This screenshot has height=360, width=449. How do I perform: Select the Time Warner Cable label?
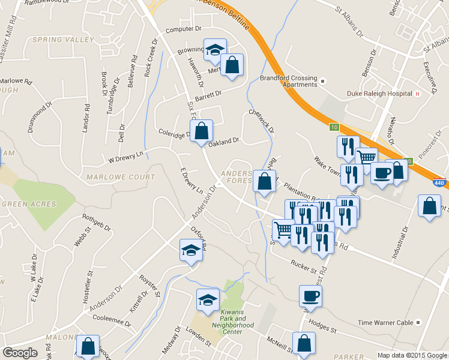385,323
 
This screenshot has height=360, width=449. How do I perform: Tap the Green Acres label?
28,204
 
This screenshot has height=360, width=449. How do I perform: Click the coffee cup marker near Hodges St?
310,295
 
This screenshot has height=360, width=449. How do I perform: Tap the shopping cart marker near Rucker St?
283,229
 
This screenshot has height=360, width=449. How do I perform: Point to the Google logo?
20,353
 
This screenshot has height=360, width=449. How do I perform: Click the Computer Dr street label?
181,29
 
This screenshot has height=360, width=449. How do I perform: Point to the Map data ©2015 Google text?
412,355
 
